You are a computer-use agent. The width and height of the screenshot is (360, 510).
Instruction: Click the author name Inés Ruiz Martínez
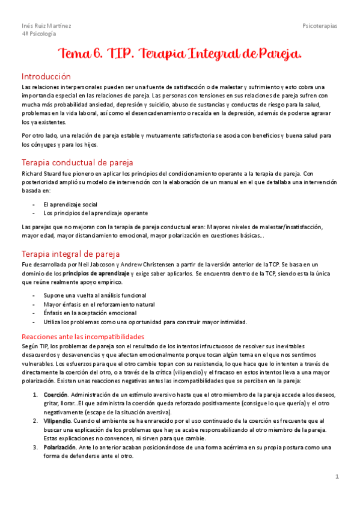tap(46, 26)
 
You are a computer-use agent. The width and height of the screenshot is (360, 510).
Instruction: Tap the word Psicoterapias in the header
tap(320, 26)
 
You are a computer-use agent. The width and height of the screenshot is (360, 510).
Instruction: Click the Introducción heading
tap(46, 76)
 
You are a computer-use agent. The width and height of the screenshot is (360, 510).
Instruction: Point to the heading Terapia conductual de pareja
tap(77, 162)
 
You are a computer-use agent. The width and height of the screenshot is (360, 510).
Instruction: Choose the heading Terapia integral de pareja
tap(71, 254)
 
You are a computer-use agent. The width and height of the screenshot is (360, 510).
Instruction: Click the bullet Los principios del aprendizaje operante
tap(96, 213)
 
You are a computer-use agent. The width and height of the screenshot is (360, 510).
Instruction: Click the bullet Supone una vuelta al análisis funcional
tap(94, 295)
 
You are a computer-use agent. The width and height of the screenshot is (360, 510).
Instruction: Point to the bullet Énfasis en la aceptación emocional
tap(90, 313)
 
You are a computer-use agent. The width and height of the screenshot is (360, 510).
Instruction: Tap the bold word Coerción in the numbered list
tap(55, 395)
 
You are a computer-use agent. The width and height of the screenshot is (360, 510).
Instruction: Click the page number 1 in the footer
tap(337, 476)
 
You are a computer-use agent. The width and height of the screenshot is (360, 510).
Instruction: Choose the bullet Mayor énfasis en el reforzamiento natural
tap(99, 304)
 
